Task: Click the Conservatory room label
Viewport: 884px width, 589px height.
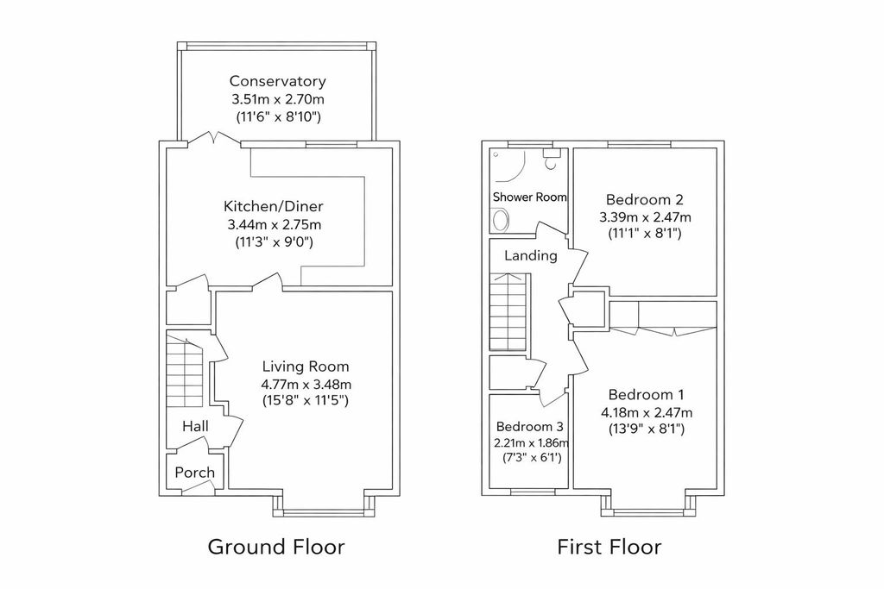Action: [277, 81]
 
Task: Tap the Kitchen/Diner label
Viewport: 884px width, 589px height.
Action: [274, 206]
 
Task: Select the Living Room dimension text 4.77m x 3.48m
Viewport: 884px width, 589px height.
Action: [306, 385]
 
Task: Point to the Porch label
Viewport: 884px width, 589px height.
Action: [194, 472]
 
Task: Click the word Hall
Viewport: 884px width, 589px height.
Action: [195, 426]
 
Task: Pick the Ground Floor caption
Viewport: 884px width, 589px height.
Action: [276, 547]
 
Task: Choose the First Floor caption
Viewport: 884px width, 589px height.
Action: [609, 547]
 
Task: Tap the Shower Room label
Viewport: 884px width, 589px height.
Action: [529, 197]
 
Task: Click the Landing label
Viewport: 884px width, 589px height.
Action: [531, 255]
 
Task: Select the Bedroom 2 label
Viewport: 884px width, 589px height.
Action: [644, 199]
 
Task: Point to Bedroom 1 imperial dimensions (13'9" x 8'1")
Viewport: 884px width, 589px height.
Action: [647, 429]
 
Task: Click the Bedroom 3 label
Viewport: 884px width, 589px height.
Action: [529, 427]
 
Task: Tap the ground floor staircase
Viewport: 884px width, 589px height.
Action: [185, 371]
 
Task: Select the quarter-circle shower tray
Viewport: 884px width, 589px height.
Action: [508, 165]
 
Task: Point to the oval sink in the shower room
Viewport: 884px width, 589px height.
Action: [500, 220]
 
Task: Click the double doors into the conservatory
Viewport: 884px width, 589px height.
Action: [214, 139]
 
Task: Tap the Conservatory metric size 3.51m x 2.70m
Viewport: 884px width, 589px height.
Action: [278, 100]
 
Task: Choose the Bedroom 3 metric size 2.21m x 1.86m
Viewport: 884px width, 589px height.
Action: [531, 442]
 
